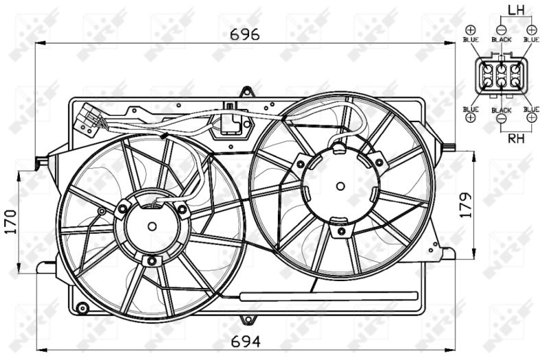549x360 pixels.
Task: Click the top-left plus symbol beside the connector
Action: coord(471,29)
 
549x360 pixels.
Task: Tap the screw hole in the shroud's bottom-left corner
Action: coord(83,306)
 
